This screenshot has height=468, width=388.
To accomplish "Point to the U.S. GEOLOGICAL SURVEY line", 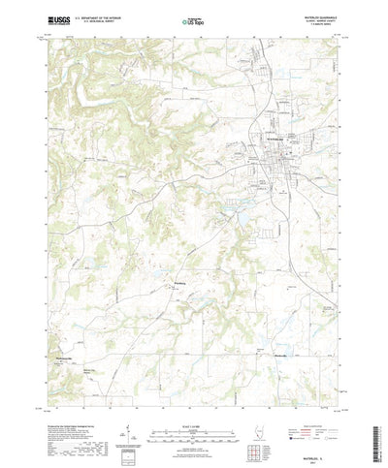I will click(x=103, y=20).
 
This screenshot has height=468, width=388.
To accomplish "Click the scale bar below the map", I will click(x=194, y=393).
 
